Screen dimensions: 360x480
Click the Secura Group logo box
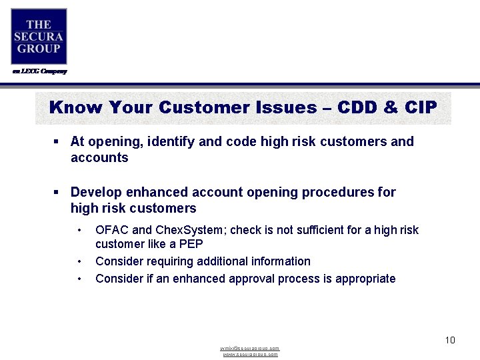(39, 36)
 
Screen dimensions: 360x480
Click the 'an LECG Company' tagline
(39, 71)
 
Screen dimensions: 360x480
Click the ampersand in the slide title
(391, 107)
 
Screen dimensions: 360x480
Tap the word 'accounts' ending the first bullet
(99, 157)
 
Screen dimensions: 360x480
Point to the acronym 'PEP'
(190, 244)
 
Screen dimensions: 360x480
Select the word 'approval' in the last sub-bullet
(245, 279)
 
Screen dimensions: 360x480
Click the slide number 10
(449, 340)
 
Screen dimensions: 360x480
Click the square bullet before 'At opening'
(57, 141)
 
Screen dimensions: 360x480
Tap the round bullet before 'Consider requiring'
(80, 261)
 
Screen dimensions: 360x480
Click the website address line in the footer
(250, 355)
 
